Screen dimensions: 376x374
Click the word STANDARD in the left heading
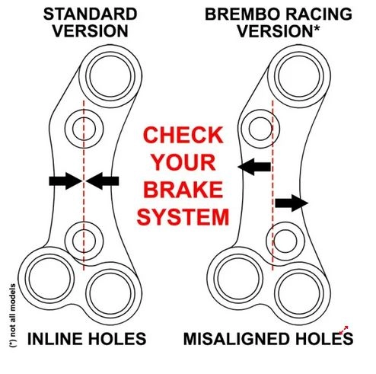pos(90,14)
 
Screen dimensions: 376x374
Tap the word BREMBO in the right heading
pos(242,14)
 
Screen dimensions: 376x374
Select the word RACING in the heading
pos(319,14)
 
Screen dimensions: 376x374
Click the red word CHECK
pos(183,136)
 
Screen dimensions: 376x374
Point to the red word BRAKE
pos(183,190)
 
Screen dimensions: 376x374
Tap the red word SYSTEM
pos(183,216)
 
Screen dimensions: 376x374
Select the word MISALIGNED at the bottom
pos(237,339)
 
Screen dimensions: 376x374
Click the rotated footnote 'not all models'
pos(12,315)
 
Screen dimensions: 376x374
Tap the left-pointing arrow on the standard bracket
pos(102,181)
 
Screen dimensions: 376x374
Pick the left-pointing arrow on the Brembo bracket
pos(254,167)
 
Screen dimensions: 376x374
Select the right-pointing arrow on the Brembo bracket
pos(292,203)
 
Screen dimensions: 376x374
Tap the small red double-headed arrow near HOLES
pos(344,331)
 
